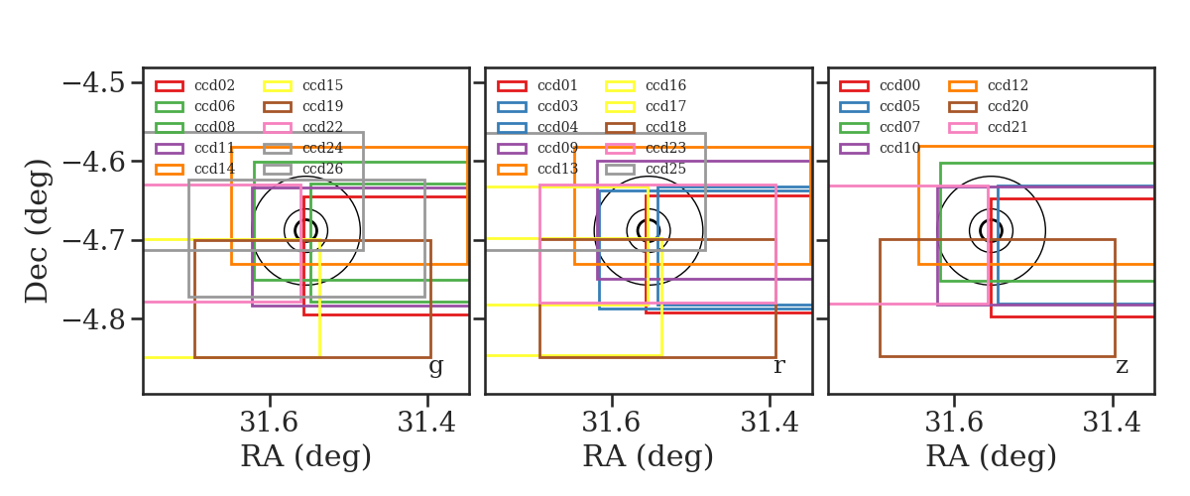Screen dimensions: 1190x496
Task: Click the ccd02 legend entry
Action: [195, 85]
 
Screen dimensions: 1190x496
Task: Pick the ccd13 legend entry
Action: [537, 169]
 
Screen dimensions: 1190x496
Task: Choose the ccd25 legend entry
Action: [646, 169]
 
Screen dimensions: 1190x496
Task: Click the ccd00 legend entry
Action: [880, 85]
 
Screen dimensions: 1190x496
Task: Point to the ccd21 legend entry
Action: [988, 127]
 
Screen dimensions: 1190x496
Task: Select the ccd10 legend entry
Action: [880, 148]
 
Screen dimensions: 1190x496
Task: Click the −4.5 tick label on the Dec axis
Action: [94, 83]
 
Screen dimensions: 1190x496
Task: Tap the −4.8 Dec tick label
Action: [94, 319]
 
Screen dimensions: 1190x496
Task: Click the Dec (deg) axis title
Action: [38, 231]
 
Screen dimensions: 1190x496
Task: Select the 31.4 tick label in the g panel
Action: [426, 423]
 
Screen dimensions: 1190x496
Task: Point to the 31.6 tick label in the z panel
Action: [954, 423]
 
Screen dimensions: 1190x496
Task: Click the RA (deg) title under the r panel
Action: [649, 456]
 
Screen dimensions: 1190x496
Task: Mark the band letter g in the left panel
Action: [435, 366]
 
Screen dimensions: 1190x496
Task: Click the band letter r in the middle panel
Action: [778, 366]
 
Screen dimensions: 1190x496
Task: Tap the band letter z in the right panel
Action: [1122, 366]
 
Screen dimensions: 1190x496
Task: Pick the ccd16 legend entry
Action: [646, 85]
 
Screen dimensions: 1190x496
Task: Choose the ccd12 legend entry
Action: [988, 85]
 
